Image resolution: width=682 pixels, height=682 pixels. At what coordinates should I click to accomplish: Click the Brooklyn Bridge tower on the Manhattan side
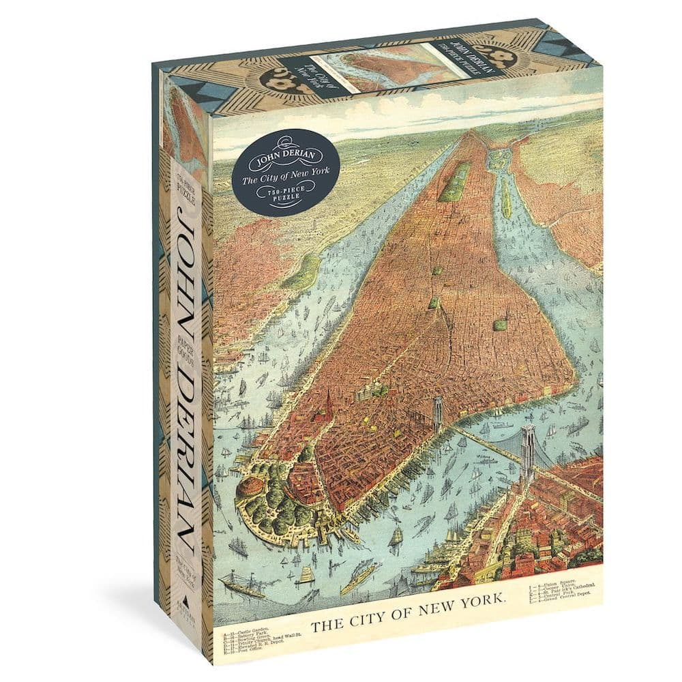click(437, 414)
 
